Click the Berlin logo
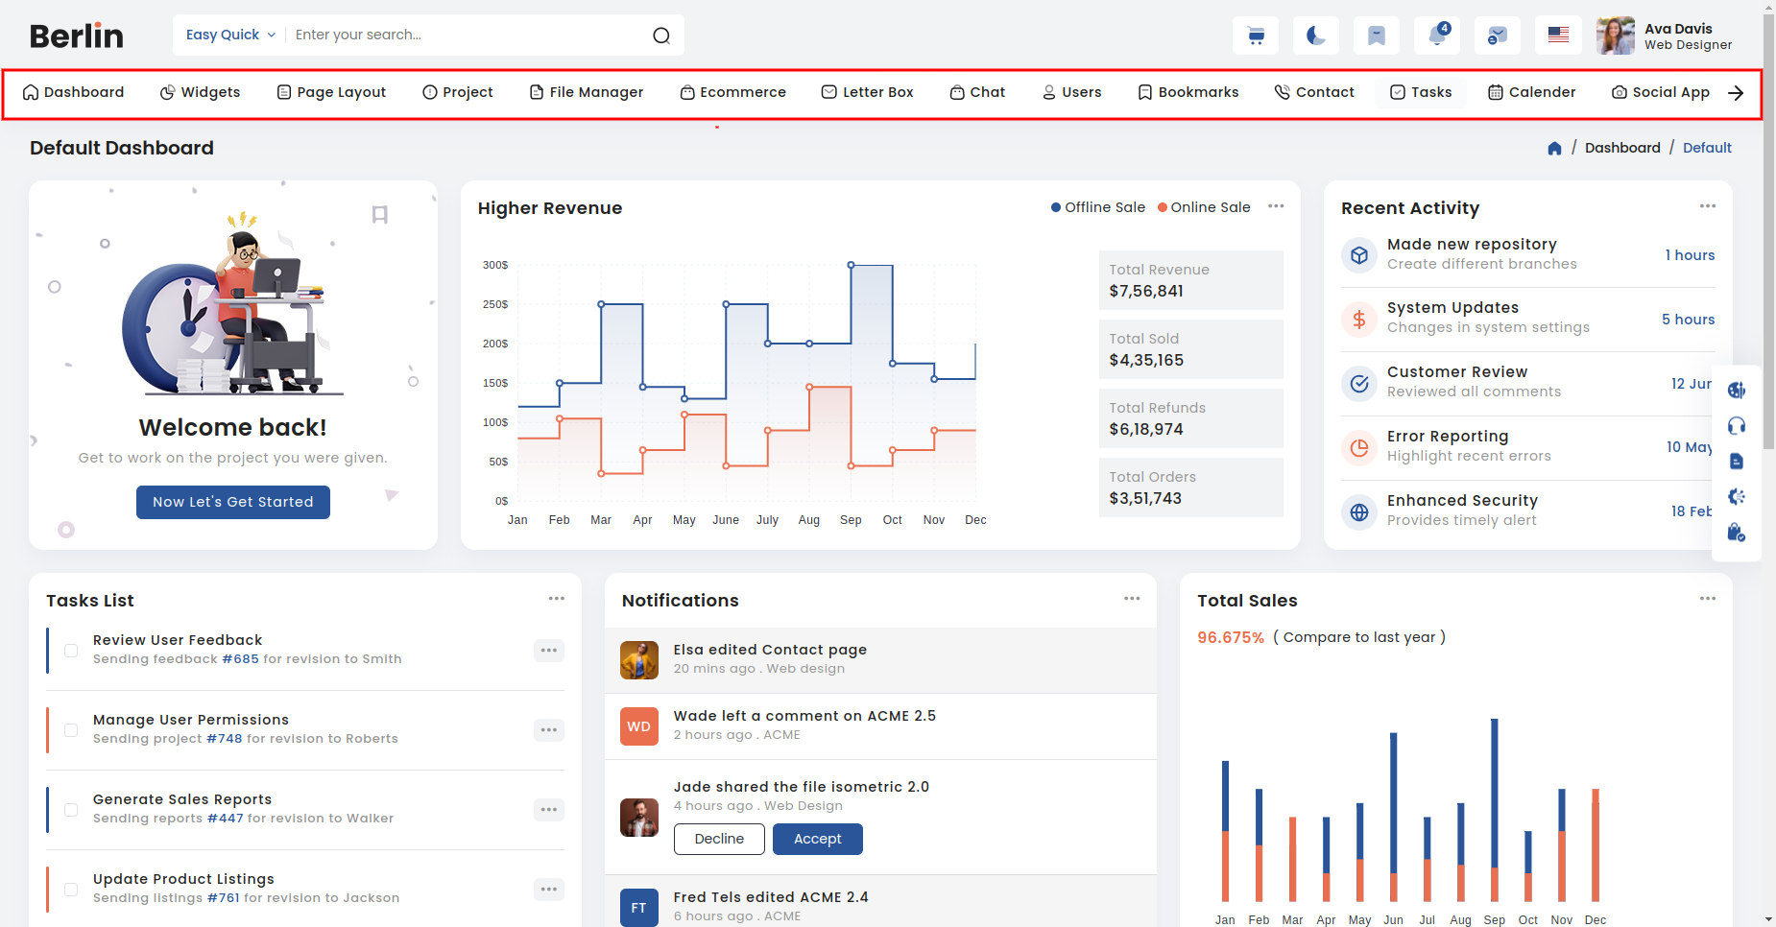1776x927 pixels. point(77,36)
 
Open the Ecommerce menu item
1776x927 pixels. point(733,92)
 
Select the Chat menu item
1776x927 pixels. point(977,92)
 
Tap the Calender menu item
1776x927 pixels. point(1531,92)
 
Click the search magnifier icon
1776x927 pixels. point(661,36)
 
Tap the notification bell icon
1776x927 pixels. point(1437,36)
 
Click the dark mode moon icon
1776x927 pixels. point(1316,36)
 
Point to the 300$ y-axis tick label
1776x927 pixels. point(495,265)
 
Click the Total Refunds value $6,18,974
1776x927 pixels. point(1146,429)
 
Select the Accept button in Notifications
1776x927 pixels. point(818,839)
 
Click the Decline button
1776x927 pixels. point(719,839)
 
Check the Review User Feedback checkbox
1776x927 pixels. point(71,651)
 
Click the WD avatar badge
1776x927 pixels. point(639,726)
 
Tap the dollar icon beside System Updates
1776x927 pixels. point(1359,320)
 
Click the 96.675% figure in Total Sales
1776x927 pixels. point(1231,638)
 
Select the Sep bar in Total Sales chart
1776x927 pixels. point(1494,810)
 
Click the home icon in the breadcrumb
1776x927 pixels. point(1555,148)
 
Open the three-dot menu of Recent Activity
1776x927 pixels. point(1708,206)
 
